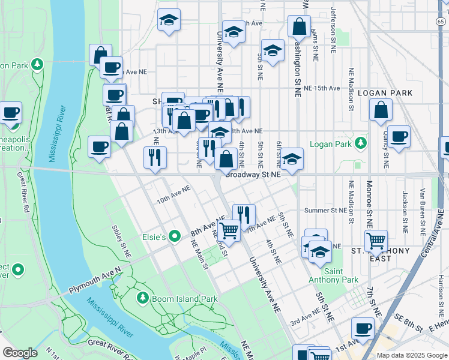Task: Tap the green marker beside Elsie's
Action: tap(175, 237)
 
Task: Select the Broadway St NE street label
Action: tap(253, 175)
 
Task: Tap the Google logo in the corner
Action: tap(20, 353)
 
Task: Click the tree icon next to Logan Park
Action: tap(360, 143)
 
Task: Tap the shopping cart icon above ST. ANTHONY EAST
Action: tap(376, 241)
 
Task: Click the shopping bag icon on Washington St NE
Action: tap(299, 27)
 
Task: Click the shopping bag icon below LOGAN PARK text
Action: tap(381, 111)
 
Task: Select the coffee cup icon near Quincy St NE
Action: tap(399, 137)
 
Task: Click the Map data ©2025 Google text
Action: tap(411, 355)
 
